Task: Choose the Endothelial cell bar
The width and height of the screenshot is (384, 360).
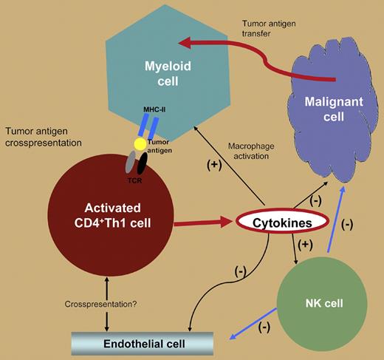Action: pyautogui.click(x=144, y=344)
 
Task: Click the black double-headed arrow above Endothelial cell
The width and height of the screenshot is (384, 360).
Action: pyautogui.click(x=108, y=302)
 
